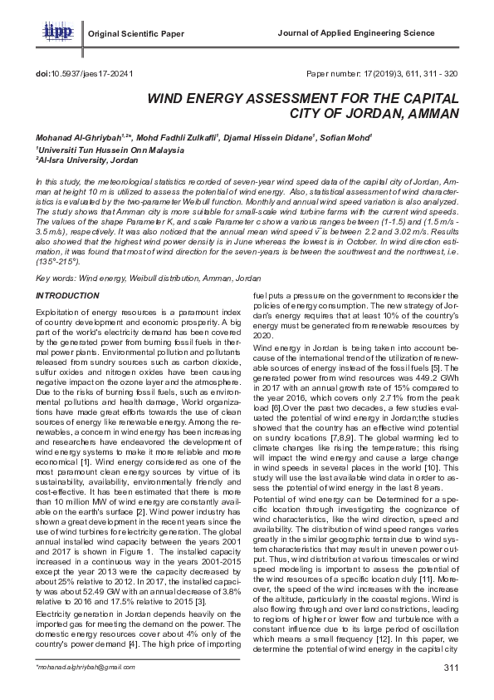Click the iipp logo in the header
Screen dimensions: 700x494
[56, 32]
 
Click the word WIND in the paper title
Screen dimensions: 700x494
[169, 98]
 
